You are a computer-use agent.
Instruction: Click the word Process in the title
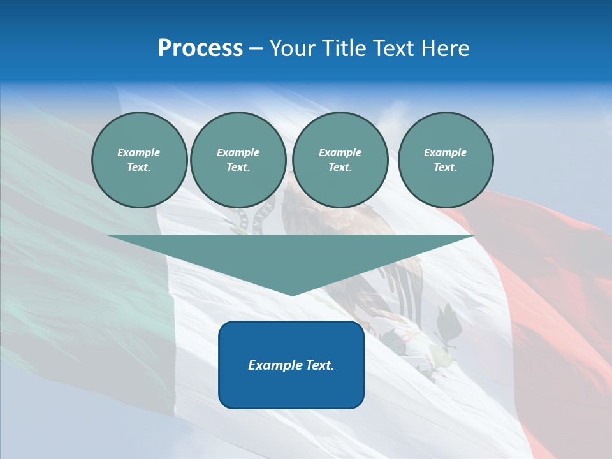coord(200,48)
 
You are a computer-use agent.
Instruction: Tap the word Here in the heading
coord(444,48)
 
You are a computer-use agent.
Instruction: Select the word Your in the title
coord(293,48)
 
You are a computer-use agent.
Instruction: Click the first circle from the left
coord(139,159)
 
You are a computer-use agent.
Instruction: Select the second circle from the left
coord(238,159)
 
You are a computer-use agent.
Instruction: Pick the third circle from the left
coord(340,159)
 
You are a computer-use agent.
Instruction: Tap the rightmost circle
coord(446,159)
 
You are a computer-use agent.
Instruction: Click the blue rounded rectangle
coord(291,389)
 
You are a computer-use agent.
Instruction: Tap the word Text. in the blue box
coord(319,365)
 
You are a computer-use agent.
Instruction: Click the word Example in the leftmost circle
coord(139,152)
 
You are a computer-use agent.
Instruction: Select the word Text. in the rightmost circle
coord(446,167)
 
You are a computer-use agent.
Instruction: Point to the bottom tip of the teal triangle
coord(291,295)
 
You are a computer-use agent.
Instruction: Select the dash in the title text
coord(256,48)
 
